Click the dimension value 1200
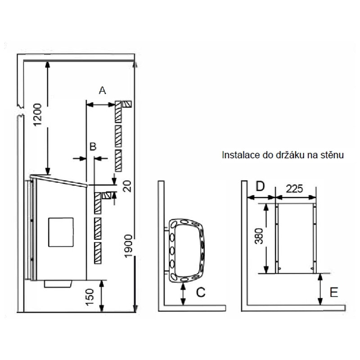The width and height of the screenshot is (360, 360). (x=38, y=115)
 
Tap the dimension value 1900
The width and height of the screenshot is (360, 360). (x=128, y=246)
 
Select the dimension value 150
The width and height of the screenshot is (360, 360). (x=90, y=297)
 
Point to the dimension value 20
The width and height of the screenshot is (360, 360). (x=127, y=186)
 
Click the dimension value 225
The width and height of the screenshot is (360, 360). (x=295, y=189)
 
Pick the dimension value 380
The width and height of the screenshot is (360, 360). (x=259, y=236)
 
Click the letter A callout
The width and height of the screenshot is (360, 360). (x=103, y=90)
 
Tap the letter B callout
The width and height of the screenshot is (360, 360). (x=93, y=147)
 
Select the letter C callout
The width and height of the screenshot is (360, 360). (x=201, y=292)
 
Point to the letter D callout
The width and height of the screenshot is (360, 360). (x=260, y=187)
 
